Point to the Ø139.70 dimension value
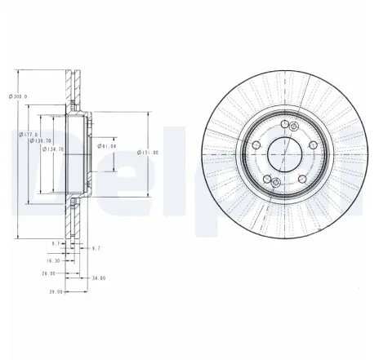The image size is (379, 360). point(41,140)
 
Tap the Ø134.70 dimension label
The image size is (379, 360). point(52,149)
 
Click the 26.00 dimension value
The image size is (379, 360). point(48,273)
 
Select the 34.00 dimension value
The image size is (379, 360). point(99,278)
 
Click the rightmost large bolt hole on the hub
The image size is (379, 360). point(312,144)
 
